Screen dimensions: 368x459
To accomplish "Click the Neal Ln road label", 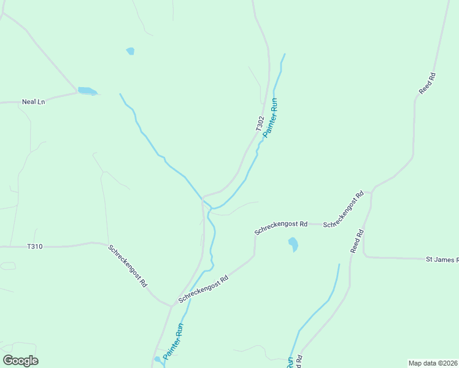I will pos(34,102).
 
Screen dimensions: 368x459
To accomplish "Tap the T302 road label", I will pos(260,123).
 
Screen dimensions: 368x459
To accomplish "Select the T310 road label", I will pos(35,247).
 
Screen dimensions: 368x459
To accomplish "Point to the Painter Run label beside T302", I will pos(271,117).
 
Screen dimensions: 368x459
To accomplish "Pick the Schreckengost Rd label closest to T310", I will pos(128,266).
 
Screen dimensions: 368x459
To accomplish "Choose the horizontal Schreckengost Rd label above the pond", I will pos(281,228).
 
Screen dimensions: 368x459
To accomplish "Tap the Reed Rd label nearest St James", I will pos(357,242).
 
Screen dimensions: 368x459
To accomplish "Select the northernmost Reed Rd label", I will pos(427,83).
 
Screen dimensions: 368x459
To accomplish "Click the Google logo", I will pos(20,361).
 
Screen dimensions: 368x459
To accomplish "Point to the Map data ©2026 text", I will pos(433,362).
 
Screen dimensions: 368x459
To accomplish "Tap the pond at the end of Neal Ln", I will pos(87,91).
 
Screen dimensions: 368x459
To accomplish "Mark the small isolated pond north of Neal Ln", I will pos(130,51).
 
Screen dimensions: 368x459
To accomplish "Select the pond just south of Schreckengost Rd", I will pos(293,244).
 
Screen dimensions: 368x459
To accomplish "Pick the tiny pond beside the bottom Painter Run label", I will pos(158,359).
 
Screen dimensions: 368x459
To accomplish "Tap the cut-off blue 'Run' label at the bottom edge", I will pos(290,362).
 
